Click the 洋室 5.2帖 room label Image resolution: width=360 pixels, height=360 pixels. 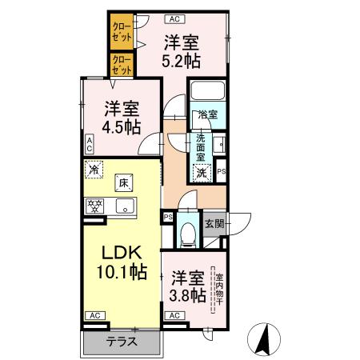coord(182,50)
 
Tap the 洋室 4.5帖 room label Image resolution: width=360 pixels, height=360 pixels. coord(121,117)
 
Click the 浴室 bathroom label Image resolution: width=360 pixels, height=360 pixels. coord(206,115)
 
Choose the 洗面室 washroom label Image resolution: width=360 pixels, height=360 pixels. coord(200,147)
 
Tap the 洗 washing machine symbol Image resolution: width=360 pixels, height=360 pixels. coord(202,172)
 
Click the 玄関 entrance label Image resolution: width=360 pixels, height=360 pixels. coord(214,223)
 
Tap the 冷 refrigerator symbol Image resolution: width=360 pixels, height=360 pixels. coord(94,169)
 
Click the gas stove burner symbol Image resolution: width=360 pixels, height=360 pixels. coord(95,206)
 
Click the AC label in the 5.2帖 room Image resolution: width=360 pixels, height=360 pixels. coord(173,16)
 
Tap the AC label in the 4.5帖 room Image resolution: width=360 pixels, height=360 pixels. coord(90,144)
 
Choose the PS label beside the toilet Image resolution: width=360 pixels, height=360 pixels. coord(168,217)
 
